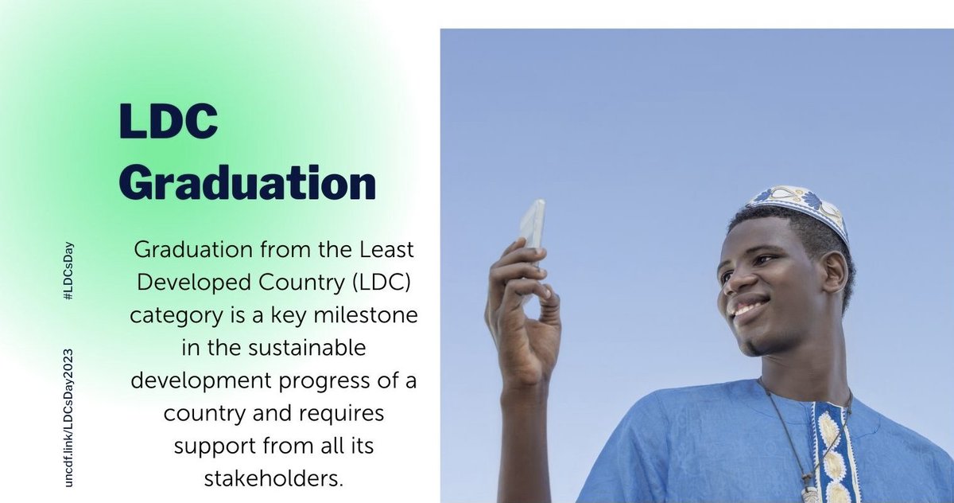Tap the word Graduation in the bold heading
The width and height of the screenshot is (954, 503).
(247, 182)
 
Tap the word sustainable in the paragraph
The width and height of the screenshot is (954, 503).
(305, 349)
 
